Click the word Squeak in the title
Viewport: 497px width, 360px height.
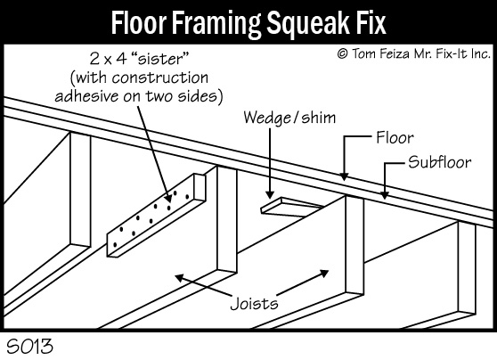(308, 23)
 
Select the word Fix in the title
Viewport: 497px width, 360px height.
(371, 22)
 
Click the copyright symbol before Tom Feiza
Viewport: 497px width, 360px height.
(342, 53)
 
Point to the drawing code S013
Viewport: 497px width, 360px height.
(29, 346)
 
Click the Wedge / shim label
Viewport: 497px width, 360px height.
(289, 118)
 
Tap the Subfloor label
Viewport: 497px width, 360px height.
(439, 162)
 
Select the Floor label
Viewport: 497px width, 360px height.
(395, 138)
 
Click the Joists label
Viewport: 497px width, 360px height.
(254, 304)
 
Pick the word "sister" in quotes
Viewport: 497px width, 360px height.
(160, 59)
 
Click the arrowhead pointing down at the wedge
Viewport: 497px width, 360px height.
(270, 194)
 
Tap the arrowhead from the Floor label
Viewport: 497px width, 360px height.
(344, 176)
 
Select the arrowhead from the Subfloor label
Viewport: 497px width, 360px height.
(385, 195)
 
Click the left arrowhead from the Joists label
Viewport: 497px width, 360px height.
(180, 278)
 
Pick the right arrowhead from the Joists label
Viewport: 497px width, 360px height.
(324, 274)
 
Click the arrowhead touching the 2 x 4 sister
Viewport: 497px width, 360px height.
(168, 198)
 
